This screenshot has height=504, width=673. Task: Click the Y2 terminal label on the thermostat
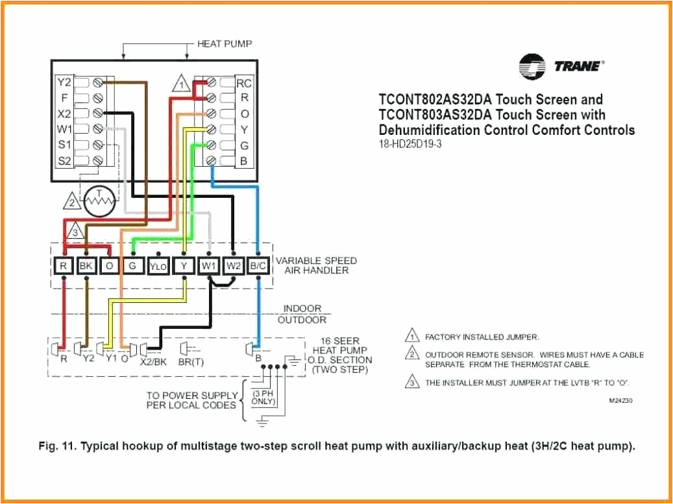pyautogui.click(x=64, y=82)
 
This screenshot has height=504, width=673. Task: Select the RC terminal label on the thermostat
pyautogui.click(x=244, y=83)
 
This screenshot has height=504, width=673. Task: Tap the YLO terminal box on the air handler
pyautogui.click(x=158, y=265)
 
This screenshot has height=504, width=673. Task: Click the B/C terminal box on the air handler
pyautogui.click(x=258, y=265)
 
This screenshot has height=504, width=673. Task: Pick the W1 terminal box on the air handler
pyautogui.click(x=209, y=265)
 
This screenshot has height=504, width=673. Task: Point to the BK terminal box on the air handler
pyautogui.click(x=86, y=265)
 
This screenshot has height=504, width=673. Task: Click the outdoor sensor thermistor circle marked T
pyautogui.click(x=99, y=201)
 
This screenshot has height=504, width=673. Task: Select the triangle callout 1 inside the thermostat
pyautogui.click(x=182, y=85)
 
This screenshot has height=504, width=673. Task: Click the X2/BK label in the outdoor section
pyautogui.click(x=153, y=361)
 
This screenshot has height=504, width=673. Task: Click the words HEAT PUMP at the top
pyautogui.click(x=225, y=43)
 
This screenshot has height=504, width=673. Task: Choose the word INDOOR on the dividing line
pyautogui.click(x=302, y=309)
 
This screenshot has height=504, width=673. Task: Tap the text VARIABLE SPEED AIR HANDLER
pyautogui.click(x=316, y=265)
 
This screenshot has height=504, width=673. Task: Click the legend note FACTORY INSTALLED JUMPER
pyautogui.click(x=482, y=337)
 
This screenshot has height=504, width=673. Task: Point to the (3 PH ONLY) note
pyautogui.click(x=263, y=397)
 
